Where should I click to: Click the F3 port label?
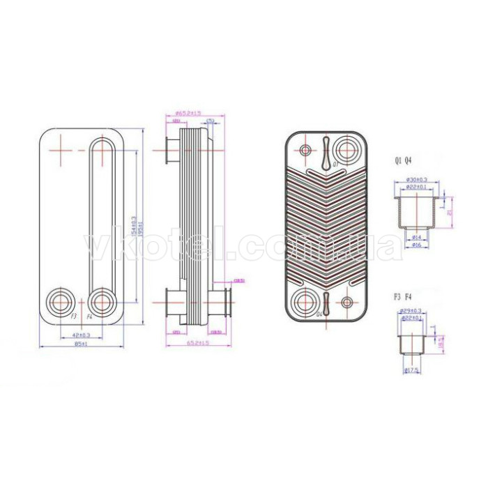click(x=73, y=317)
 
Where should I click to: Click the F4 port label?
click(x=89, y=317)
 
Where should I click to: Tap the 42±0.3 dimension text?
click(x=82, y=335)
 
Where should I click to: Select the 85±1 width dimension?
click(x=82, y=344)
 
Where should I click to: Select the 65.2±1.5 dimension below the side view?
click(x=198, y=344)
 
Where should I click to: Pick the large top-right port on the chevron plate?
click(x=344, y=149)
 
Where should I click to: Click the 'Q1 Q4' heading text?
click(x=403, y=161)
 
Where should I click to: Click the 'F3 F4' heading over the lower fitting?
click(x=403, y=296)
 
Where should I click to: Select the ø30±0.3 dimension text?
click(x=416, y=180)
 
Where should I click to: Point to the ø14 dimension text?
click(x=416, y=238)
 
